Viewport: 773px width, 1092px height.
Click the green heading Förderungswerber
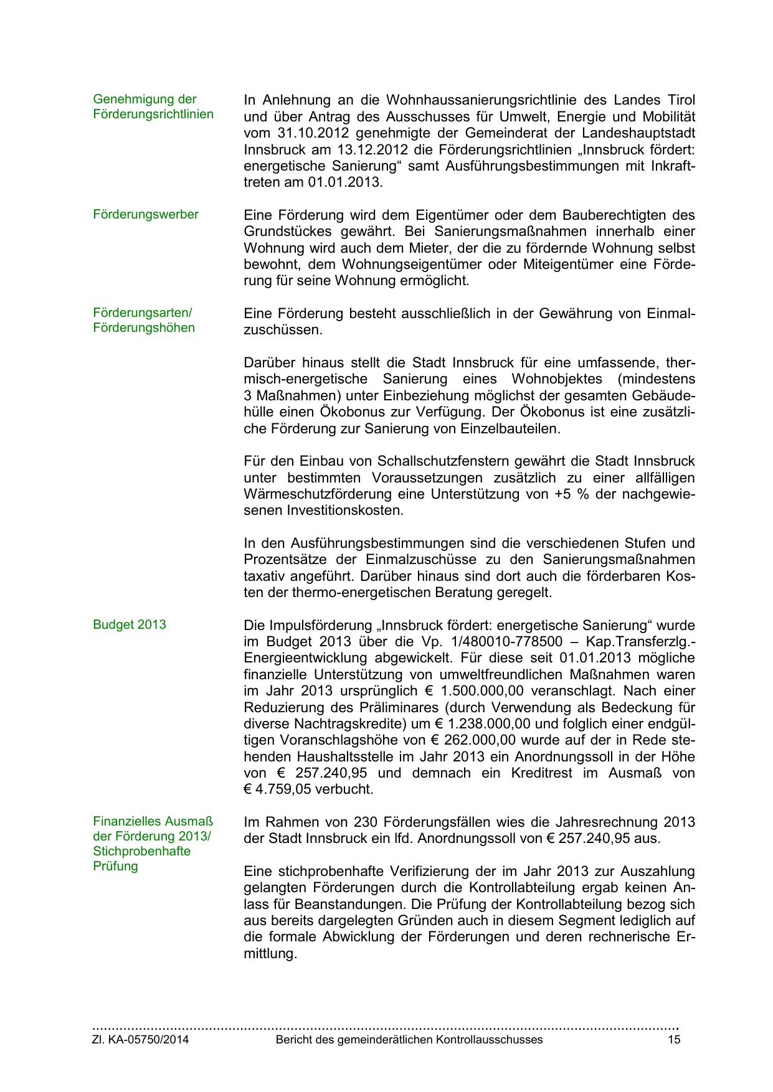[146, 215]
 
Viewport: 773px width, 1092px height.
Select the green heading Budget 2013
[130, 624]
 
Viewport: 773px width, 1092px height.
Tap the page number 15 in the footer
[673, 1040]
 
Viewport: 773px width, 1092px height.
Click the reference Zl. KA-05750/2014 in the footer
[141, 1040]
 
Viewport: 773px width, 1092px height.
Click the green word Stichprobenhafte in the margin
[141, 851]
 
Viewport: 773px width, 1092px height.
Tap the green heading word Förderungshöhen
[144, 327]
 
